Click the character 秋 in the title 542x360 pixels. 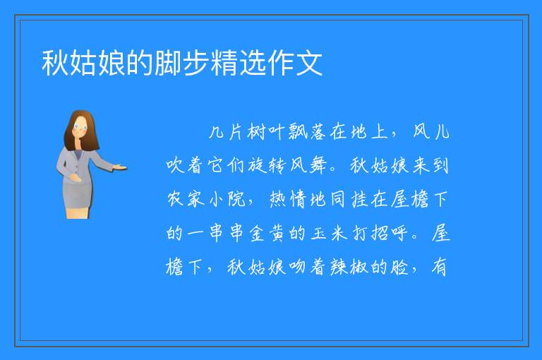click(x=55, y=63)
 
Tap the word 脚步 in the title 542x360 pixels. click(x=182, y=63)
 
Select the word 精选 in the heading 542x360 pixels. click(x=239, y=63)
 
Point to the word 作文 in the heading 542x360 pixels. click(x=295, y=63)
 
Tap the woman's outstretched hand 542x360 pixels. click(x=119, y=168)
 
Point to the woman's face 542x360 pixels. click(x=81, y=127)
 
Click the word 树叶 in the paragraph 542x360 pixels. click(x=265, y=132)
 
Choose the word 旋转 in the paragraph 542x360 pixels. click(x=267, y=166)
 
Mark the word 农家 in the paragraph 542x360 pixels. click(x=186, y=199)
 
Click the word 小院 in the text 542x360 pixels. click(x=227, y=199)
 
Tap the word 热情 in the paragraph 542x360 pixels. click(x=288, y=199)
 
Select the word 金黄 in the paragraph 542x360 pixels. click(x=267, y=233)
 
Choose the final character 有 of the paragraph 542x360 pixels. click(x=440, y=267)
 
